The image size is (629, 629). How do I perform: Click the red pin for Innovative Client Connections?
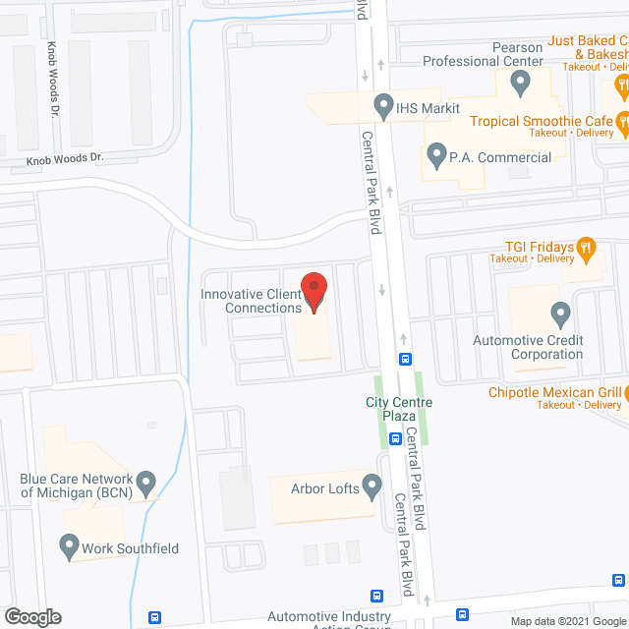coord(314,292)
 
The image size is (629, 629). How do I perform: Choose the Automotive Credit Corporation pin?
coord(561,314)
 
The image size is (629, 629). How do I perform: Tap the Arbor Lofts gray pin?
coord(372,485)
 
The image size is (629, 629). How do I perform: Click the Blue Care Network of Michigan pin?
coord(146,484)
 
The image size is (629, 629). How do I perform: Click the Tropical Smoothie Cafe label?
coord(542,121)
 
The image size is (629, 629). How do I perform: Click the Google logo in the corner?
coord(31,616)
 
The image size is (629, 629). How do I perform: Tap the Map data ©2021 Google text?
coord(567,621)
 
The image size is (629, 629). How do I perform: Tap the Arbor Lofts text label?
coord(323,486)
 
